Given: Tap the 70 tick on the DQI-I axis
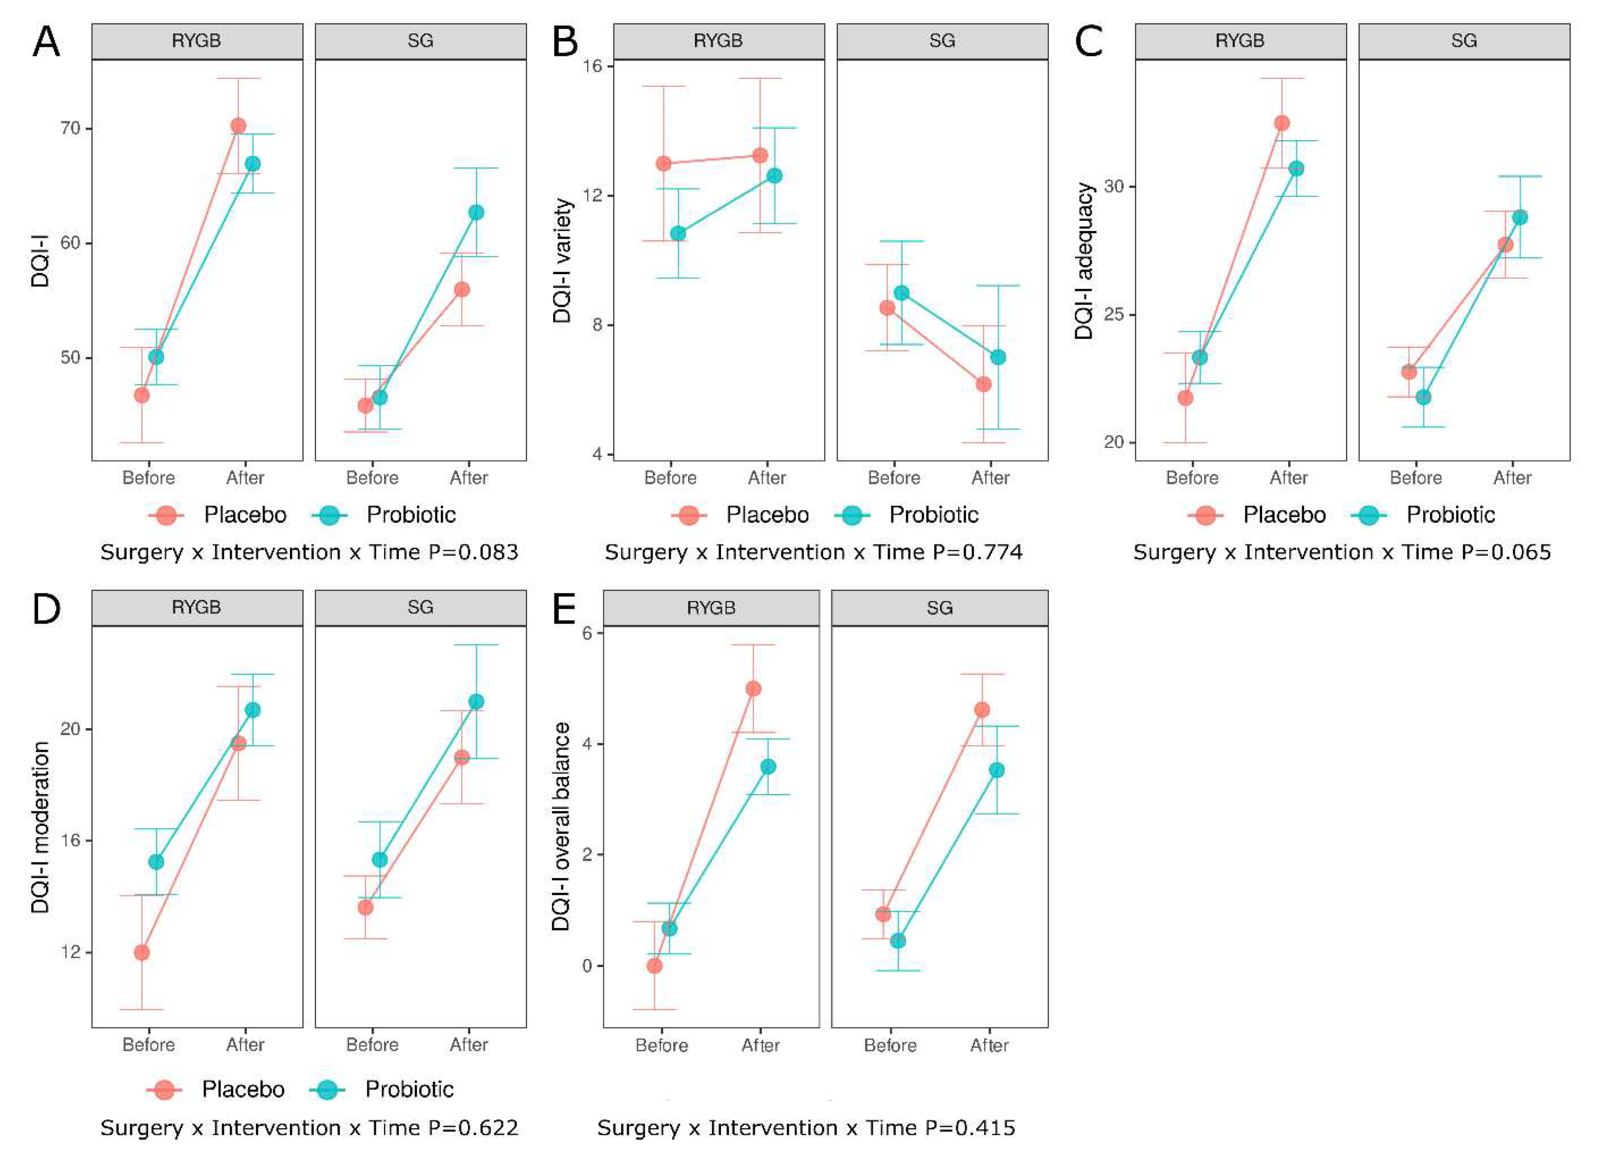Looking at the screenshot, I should click(70, 129).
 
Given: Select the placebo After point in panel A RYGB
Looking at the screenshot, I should click(238, 126).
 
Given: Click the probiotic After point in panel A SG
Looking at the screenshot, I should click(476, 212).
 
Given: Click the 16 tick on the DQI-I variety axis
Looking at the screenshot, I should click(592, 66).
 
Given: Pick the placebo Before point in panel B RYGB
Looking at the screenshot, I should click(663, 163).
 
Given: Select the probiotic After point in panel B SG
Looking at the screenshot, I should click(998, 357).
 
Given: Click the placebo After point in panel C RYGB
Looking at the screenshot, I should click(1281, 123).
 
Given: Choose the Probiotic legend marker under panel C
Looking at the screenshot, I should click(1369, 515).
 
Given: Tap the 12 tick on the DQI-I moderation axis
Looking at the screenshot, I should click(70, 952).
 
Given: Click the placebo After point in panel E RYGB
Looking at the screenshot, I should click(753, 689).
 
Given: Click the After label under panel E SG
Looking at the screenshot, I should click(989, 1045).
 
